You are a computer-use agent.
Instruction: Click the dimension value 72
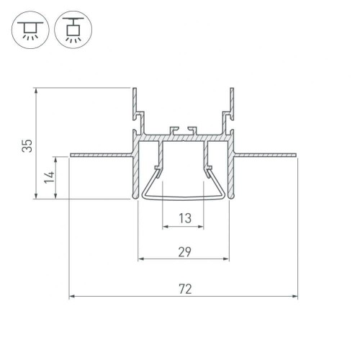pos(184,289)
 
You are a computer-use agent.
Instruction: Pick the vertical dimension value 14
pos(48,177)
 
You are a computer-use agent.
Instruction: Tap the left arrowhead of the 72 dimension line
pos(73,297)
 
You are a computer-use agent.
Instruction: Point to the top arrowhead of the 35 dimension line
pos(35,92)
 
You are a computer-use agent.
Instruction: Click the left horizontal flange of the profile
pos(101,154)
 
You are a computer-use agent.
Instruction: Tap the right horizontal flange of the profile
pos(266,154)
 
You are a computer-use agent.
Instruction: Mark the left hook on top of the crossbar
pos(172,130)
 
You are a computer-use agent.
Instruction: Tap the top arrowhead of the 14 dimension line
pos(56,158)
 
